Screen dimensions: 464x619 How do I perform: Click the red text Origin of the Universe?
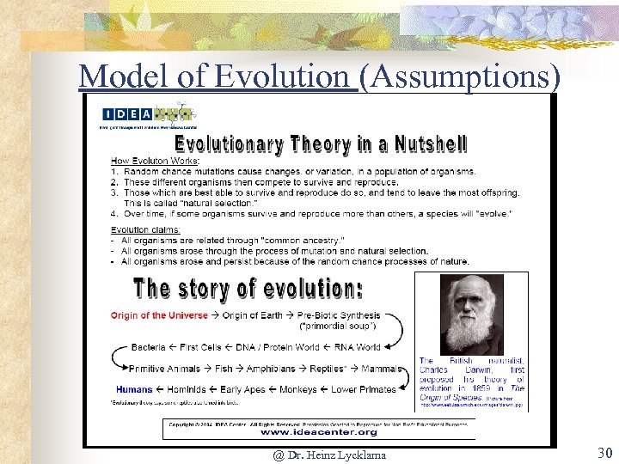coord(159,315)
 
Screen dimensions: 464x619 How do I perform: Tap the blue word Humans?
coord(134,389)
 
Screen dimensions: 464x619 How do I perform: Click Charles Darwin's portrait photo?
coord(471,314)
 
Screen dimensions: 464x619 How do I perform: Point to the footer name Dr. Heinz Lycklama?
coord(329,454)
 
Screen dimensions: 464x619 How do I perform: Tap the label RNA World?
coord(356,347)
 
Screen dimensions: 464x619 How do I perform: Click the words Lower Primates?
coord(364,389)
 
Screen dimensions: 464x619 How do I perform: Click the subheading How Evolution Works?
coord(155,161)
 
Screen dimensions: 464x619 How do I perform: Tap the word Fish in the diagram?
coord(224,369)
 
